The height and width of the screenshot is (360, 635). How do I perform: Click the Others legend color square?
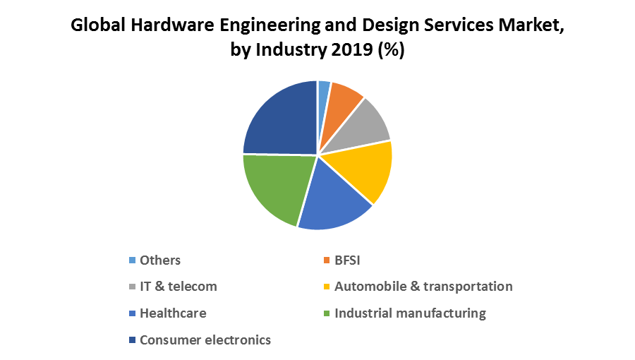click(x=132, y=260)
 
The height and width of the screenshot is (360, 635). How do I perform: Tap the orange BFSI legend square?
click(x=327, y=260)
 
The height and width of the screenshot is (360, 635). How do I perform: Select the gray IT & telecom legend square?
click(x=132, y=287)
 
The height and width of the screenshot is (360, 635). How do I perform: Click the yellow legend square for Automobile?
click(x=327, y=287)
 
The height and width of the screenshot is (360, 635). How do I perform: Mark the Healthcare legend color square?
click(x=132, y=313)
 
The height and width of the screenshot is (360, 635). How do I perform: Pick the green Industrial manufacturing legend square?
click(x=327, y=313)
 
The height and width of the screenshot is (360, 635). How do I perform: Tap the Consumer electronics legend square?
click(x=132, y=340)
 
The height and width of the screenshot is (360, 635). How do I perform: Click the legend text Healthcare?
click(x=173, y=313)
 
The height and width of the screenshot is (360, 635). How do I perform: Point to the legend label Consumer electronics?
click(x=205, y=340)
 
